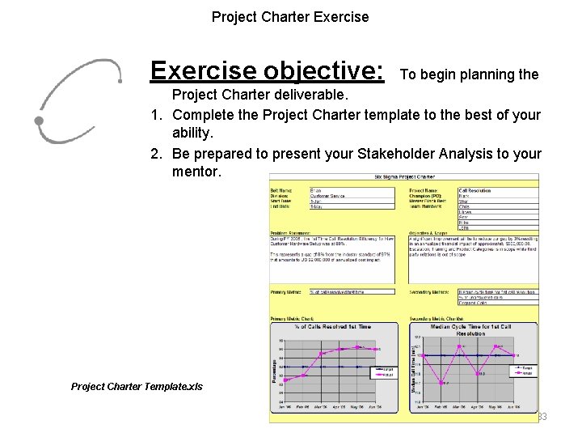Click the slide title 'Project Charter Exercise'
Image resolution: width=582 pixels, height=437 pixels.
tap(290, 16)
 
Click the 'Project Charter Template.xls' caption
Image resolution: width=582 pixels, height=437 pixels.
tap(137, 387)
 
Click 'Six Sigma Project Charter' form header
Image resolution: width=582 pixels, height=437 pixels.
tap(403, 176)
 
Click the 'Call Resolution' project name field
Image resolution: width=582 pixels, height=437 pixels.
tap(476, 190)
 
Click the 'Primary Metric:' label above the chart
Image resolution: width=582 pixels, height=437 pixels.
tap(287, 291)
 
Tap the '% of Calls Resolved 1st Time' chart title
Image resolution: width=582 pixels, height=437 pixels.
tap(334, 325)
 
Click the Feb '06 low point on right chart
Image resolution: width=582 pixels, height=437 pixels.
tap(442, 382)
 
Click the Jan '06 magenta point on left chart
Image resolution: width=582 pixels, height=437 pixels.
tap(282, 380)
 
